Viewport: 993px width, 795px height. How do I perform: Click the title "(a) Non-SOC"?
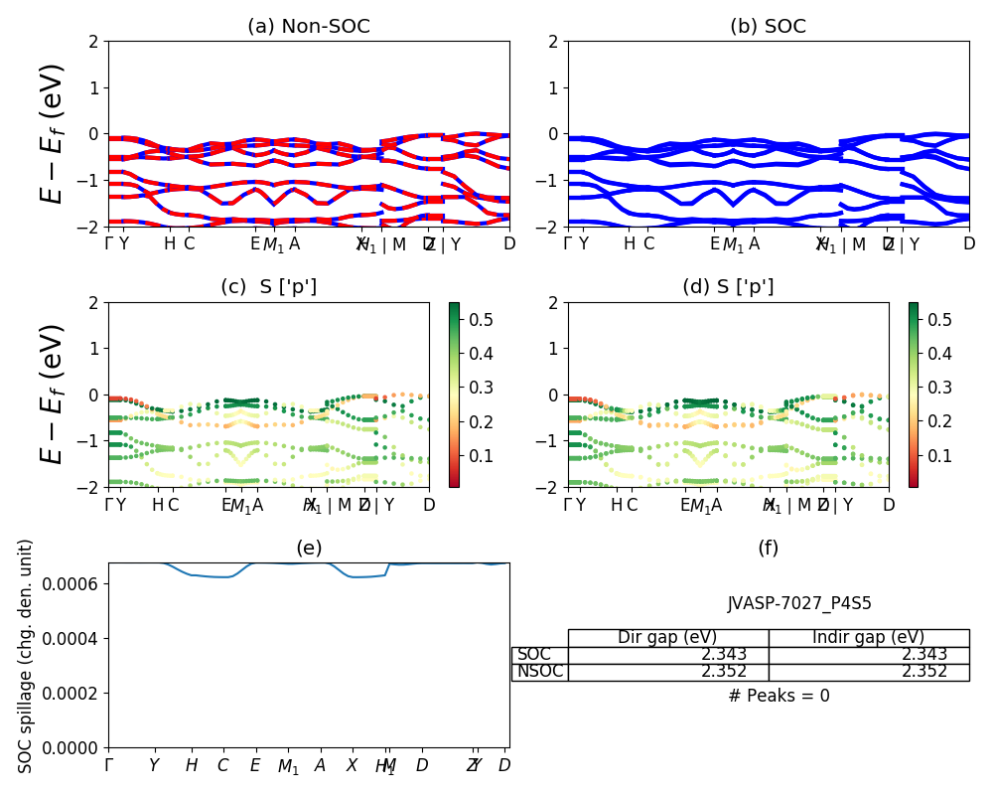[308, 27]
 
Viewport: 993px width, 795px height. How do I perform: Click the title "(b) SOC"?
[768, 27]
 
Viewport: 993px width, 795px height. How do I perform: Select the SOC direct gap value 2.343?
[724, 655]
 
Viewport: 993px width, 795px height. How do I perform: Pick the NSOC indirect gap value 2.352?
[924, 672]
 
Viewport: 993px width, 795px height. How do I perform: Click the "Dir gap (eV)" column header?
[667, 638]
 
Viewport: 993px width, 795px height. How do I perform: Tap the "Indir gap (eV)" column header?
[868, 638]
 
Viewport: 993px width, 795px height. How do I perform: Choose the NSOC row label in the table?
[540, 672]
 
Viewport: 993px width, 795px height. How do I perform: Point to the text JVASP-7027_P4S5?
[799, 603]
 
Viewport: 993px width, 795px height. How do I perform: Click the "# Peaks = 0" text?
[779, 697]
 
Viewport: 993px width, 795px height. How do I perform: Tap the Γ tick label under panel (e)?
[109, 765]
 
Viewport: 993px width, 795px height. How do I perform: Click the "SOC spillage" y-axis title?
[27, 656]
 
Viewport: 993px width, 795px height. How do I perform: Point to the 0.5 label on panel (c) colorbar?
[479, 319]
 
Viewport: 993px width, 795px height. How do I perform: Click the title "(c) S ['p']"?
[268, 287]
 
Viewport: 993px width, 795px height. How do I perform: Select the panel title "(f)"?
[768, 549]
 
